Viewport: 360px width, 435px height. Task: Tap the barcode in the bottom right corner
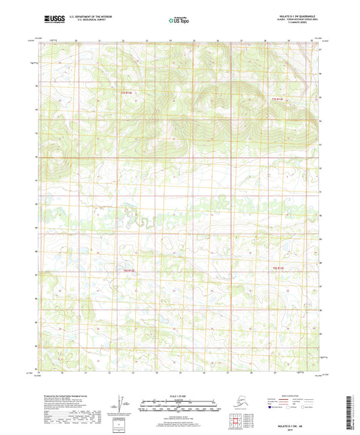[x=351, y=411]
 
